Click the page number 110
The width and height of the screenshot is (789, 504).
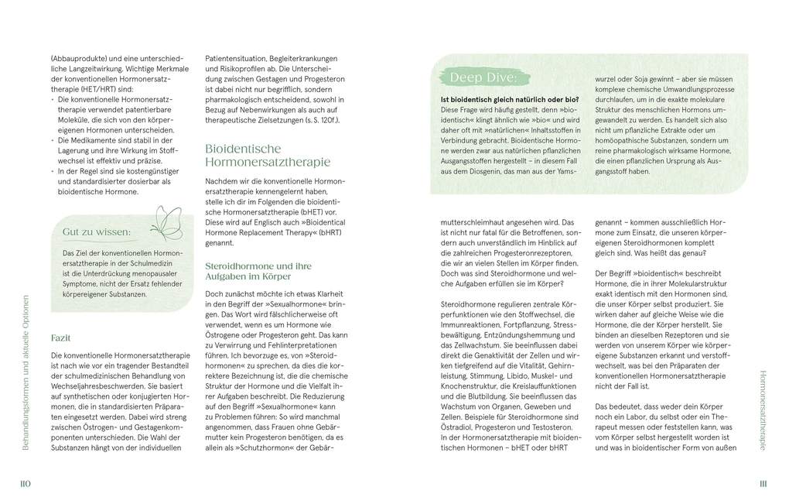25,484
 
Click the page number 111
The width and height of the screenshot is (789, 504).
763,484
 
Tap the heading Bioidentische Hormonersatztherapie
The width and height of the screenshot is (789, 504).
267,155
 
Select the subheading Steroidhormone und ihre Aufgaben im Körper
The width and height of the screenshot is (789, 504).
258,270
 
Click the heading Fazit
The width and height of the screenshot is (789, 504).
61,338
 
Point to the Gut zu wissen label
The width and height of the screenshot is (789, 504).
96,231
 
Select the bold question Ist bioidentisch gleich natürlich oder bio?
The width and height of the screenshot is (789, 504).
509,100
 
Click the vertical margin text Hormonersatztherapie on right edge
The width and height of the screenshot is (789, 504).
763,410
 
